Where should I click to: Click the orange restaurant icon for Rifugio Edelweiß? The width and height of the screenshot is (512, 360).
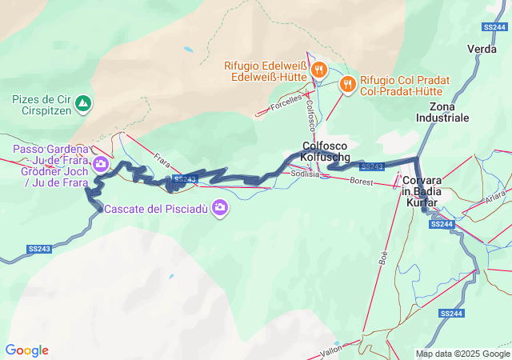coord(318,70)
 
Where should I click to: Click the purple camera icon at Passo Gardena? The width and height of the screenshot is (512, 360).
coord(101,165)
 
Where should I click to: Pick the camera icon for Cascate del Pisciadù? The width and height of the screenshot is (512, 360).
coord(220,209)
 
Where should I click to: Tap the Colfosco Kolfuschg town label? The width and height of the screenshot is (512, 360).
coord(326,151)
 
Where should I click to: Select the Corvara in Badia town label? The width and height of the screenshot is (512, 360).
coord(422,191)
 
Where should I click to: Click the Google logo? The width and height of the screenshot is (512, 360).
coord(26,350)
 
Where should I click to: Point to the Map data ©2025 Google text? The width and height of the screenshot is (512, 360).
coord(462,354)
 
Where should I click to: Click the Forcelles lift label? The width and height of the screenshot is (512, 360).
coord(286,102)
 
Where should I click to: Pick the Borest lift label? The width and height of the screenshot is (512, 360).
coord(362,182)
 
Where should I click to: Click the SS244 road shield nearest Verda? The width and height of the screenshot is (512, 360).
coord(494,26)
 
